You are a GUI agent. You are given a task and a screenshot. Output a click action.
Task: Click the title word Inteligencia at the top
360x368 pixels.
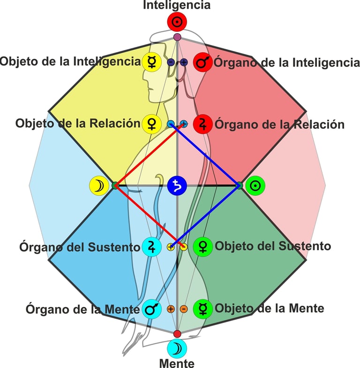[177, 6]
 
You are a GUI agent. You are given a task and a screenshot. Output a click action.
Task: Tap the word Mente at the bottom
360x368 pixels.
[177, 362]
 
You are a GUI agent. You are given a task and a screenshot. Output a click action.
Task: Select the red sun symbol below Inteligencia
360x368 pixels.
[177, 22]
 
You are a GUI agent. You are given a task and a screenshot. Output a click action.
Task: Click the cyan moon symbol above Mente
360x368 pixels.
[177, 348]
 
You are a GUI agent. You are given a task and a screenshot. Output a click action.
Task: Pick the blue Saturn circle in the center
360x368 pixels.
[177, 186]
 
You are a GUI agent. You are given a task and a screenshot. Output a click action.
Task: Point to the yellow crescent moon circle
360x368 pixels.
[99, 186]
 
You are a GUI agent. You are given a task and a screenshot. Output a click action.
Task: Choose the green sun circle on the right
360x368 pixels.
[255, 186]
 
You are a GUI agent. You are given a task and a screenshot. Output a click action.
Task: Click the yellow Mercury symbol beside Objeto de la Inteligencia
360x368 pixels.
[152, 62]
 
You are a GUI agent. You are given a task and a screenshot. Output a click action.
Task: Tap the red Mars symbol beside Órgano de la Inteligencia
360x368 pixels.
[203, 62]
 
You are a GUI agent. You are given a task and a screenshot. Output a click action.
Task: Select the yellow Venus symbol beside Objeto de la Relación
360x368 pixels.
[152, 124]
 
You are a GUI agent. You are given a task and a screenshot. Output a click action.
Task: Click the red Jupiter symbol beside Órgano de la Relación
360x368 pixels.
[203, 124]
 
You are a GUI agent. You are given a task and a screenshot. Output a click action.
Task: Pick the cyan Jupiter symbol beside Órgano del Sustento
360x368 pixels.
[152, 247]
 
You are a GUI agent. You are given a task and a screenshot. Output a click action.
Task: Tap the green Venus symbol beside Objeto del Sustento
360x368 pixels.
[203, 246]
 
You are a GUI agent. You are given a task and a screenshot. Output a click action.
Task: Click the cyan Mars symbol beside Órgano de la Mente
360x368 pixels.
[152, 309]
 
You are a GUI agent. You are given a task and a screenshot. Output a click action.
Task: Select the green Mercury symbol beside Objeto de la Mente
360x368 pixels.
[203, 309]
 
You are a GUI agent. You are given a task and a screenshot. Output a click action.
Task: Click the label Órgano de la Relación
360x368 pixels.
[279, 125]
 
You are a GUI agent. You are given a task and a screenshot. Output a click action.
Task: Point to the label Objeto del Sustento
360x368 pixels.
[273, 246]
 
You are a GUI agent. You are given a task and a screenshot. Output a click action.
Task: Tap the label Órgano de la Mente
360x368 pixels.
[82, 309]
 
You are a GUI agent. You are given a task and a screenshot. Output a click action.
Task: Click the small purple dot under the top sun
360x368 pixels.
[177, 37]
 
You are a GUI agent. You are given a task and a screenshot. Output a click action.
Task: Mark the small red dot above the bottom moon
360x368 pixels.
[177, 333]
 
